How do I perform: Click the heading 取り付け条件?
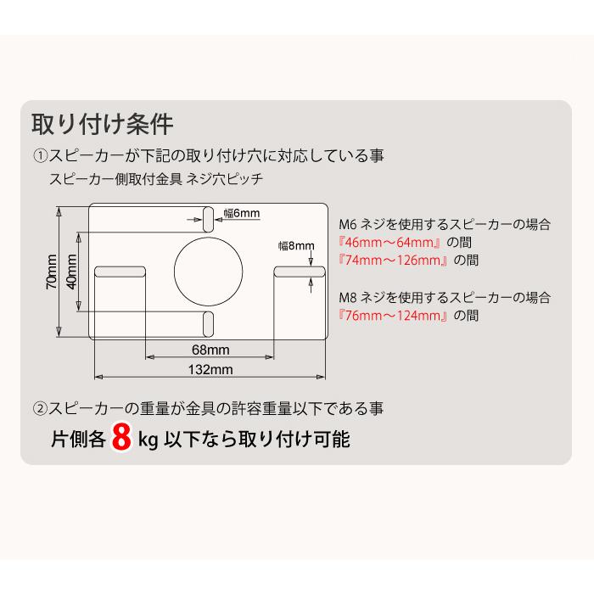coord(103,124)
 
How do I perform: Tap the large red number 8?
coord(122,440)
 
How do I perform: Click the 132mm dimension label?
coord(210,369)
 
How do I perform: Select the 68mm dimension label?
coord(210,350)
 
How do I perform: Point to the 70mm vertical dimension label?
coord(53,272)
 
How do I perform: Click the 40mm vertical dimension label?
coord(73,272)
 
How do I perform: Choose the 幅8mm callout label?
coord(296,246)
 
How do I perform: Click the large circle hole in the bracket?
coord(209,271)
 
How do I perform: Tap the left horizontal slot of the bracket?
coord(120,272)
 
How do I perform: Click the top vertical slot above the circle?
coord(208,217)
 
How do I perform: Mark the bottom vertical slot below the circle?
coord(208,323)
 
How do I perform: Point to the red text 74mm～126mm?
coord(394,261)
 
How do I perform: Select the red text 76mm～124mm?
coord(394,316)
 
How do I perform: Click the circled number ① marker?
coord(41,156)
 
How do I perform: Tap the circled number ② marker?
coord(41,408)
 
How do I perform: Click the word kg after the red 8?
coord(148,441)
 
